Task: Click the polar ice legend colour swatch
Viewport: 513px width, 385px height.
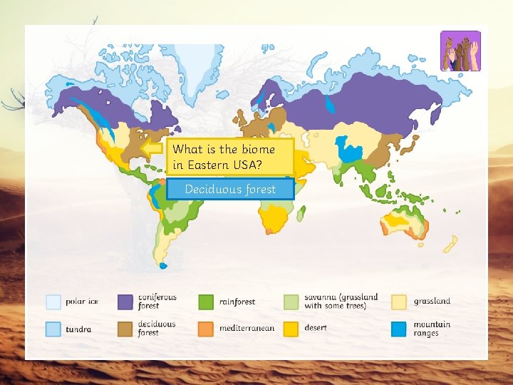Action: pyautogui.click(x=53, y=302)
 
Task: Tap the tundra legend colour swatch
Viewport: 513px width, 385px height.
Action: pyautogui.click(x=53, y=329)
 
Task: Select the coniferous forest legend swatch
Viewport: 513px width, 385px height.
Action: pyautogui.click(x=126, y=302)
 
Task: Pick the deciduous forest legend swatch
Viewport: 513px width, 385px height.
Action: pyautogui.click(x=126, y=329)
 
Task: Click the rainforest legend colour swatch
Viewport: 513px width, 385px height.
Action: pyautogui.click(x=206, y=302)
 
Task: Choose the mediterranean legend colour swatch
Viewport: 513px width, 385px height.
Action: pyautogui.click(x=206, y=329)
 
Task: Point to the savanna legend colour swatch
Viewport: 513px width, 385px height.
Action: pyautogui.click(x=291, y=302)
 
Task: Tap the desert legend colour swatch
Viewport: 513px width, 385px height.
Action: pyautogui.click(x=291, y=329)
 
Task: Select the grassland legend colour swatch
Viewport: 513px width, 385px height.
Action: pyautogui.click(x=399, y=302)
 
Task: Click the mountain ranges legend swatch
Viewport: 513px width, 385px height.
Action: pyautogui.click(x=399, y=329)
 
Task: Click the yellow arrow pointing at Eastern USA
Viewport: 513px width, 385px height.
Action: pyautogui.click(x=152, y=148)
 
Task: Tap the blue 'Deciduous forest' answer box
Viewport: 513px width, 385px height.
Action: pyautogui.click(x=230, y=189)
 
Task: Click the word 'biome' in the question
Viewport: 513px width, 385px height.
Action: pyautogui.click(x=258, y=150)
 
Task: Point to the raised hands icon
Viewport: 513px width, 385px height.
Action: pyautogui.click(x=460, y=51)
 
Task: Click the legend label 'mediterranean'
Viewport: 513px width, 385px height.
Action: pyautogui.click(x=247, y=329)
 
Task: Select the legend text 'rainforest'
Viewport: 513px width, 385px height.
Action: pyautogui.click(x=237, y=302)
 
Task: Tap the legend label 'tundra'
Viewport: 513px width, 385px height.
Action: pyautogui.click(x=78, y=329)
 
